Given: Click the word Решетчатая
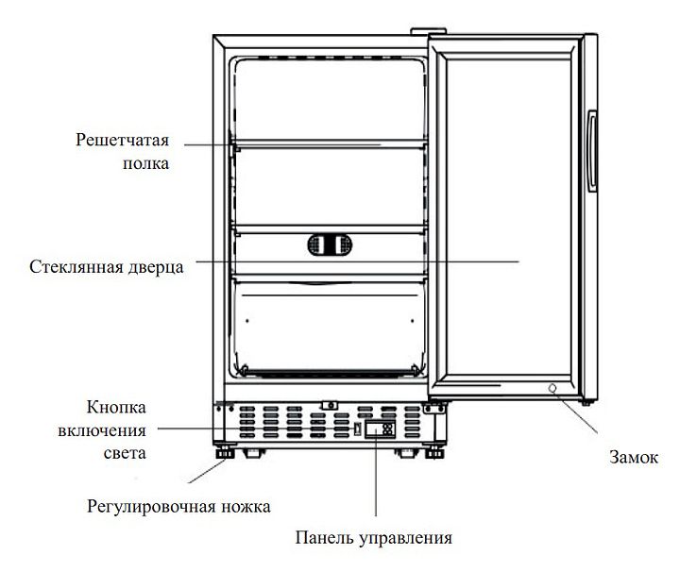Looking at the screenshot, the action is [122, 140].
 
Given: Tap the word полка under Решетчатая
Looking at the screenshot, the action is [145, 164].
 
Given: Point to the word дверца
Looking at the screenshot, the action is [156, 267].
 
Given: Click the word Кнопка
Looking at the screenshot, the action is [116, 408].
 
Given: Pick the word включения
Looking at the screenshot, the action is [102, 431].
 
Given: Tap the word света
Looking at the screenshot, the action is [125, 454].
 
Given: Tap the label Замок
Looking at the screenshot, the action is [634, 458].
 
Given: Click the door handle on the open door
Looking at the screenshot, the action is [592, 151].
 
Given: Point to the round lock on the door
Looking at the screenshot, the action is [552, 388].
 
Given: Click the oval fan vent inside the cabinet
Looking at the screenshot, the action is [330, 244].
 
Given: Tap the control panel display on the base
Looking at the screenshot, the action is [380, 429].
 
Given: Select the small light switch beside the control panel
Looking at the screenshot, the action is [357, 429].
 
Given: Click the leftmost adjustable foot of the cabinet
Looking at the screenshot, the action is [225, 453].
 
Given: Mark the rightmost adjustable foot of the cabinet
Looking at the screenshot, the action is [434, 453].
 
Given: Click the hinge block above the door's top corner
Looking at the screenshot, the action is [429, 31].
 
